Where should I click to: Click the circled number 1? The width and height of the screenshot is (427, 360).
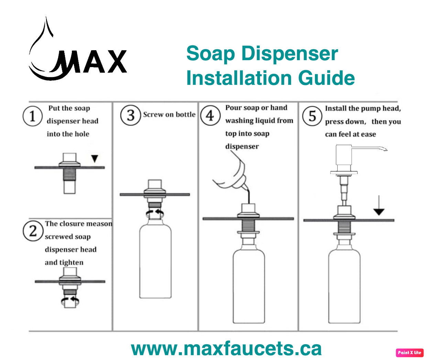[33, 116]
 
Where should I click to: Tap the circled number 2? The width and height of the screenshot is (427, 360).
[33, 231]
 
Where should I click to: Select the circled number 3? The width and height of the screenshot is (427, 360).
[131, 116]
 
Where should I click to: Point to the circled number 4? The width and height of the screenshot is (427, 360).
[210, 116]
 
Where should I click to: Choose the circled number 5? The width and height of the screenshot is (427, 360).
[312, 116]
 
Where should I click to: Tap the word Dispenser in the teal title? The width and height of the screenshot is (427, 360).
[290, 54]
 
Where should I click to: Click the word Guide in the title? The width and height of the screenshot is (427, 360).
[326, 78]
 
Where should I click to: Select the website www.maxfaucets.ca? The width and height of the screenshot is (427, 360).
[226, 349]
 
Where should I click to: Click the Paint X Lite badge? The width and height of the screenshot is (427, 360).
[409, 353]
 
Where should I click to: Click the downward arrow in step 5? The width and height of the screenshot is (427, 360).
[379, 205]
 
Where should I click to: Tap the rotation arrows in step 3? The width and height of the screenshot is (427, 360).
[155, 214]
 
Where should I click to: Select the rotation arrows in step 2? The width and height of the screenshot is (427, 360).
[70, 301]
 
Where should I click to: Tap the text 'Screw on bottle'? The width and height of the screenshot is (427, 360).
[169, 114]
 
